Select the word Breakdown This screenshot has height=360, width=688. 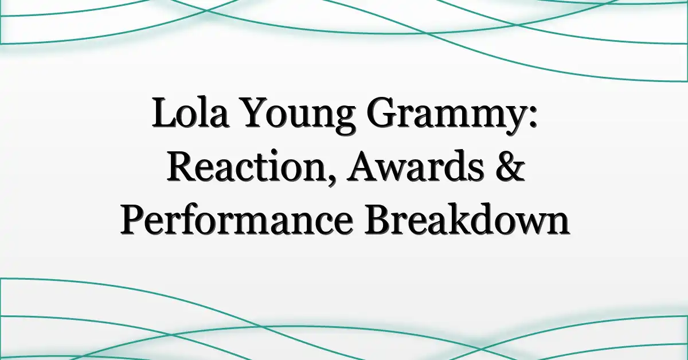(x=467, y=220)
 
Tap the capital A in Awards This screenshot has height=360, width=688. (x=363, y=166)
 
